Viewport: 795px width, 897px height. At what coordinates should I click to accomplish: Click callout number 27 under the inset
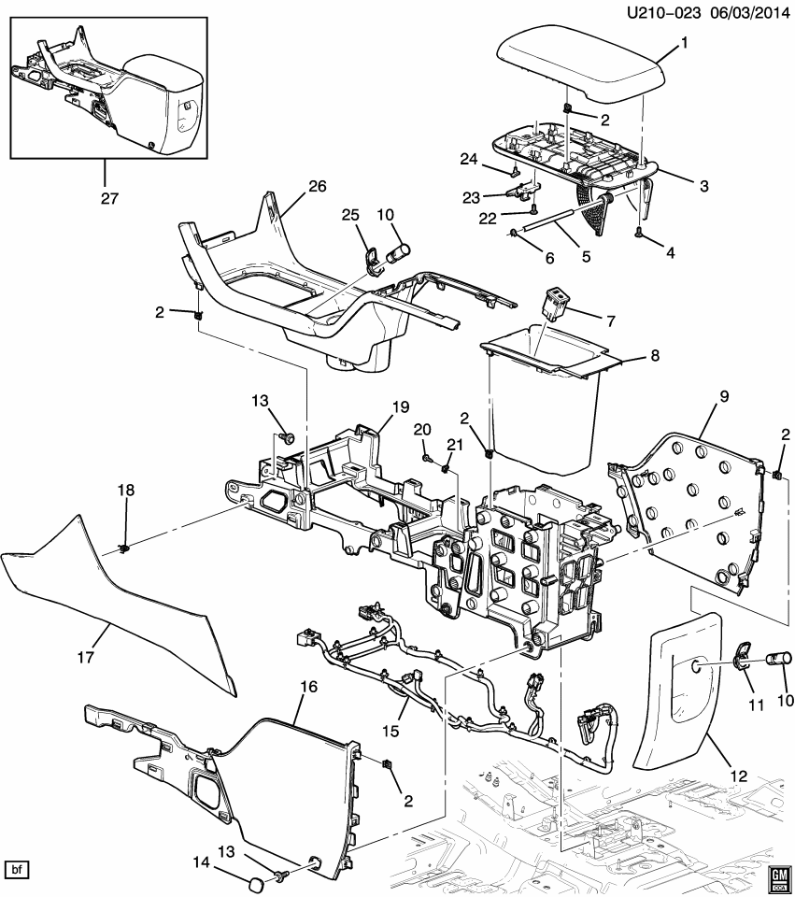(x=105, y=197)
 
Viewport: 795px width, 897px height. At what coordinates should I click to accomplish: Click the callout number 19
(x=401, y=406)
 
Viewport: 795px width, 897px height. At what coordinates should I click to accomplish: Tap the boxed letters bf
(x=17, y=870)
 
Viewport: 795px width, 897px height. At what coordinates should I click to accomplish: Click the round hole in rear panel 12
(x=699, y=666)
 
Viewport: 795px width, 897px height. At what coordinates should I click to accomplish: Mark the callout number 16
(x=308, y=687)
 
